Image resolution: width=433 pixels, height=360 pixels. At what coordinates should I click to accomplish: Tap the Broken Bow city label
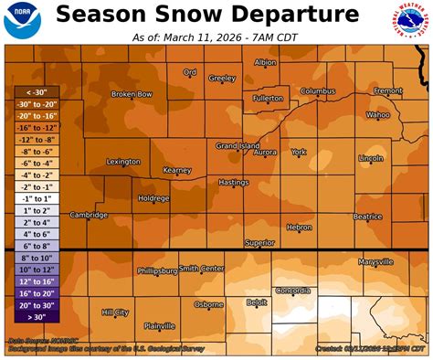point(131,94)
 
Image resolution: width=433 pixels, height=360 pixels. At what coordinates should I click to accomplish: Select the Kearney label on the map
point(176,170)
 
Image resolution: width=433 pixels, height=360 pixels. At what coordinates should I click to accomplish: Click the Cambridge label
point(89,216)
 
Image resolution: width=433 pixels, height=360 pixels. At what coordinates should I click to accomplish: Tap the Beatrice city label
point(367,217)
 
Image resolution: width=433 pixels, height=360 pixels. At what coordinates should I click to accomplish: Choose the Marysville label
point(375,261)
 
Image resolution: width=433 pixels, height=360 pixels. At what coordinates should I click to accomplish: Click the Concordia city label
point(291,291)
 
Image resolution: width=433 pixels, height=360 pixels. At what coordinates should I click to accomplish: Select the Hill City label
point(115,312)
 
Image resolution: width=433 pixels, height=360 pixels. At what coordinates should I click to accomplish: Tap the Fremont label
point(387,91)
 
